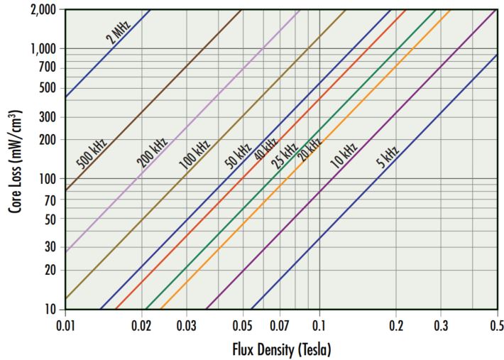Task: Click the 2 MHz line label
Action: click(119, 33)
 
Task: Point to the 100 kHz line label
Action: click(194, 153)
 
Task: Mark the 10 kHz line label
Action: click(344, 154)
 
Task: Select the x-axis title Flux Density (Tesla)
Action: click(281, 350)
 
